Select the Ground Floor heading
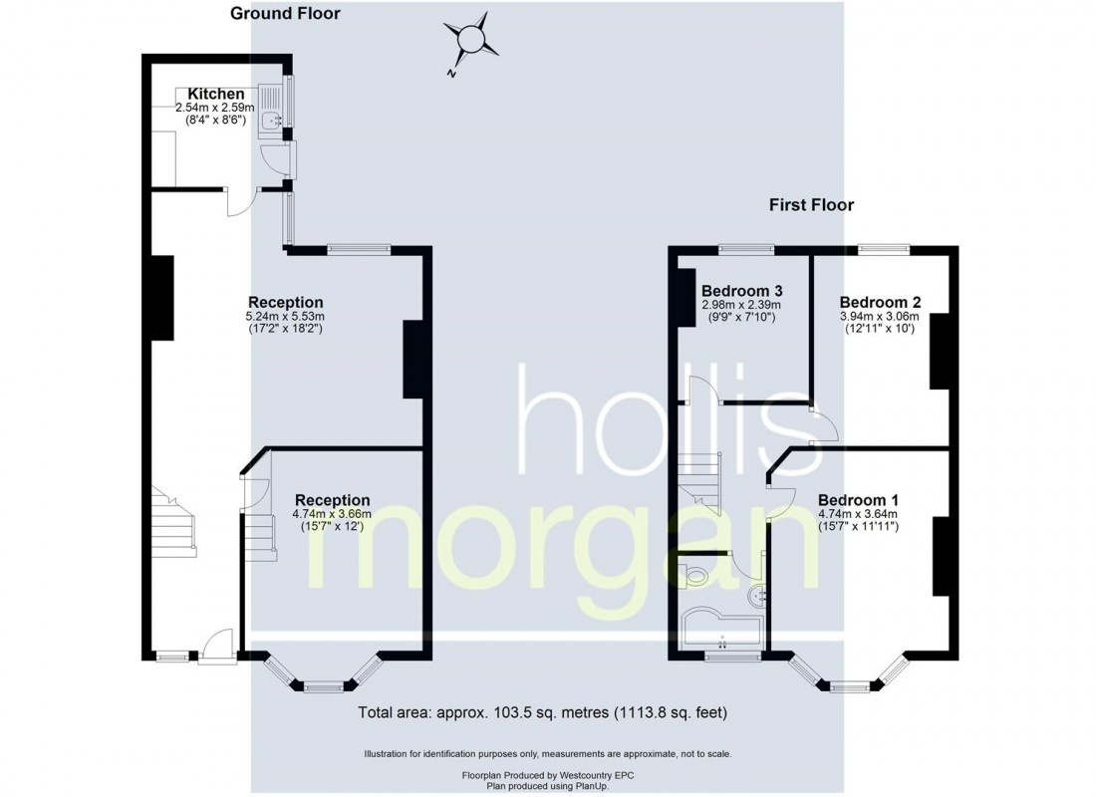click(285, 14)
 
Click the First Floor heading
click(811, 205)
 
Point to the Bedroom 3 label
click(740, 291)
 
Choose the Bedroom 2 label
click(879, 302)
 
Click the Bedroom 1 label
click(858, 499)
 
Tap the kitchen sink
click(271, 121)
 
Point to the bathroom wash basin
click(757, 596)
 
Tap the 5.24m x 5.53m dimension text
click(285, 316)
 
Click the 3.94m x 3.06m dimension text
click(879, 316)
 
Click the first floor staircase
click(701, 483)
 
